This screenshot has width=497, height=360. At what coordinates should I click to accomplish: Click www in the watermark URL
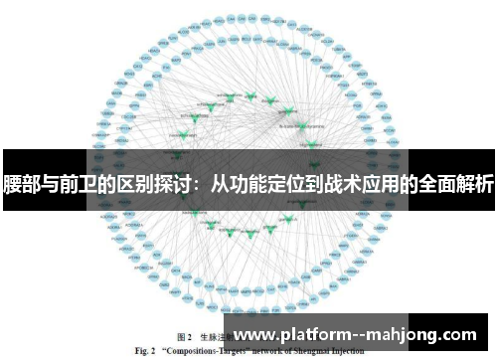tap(253, 336)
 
